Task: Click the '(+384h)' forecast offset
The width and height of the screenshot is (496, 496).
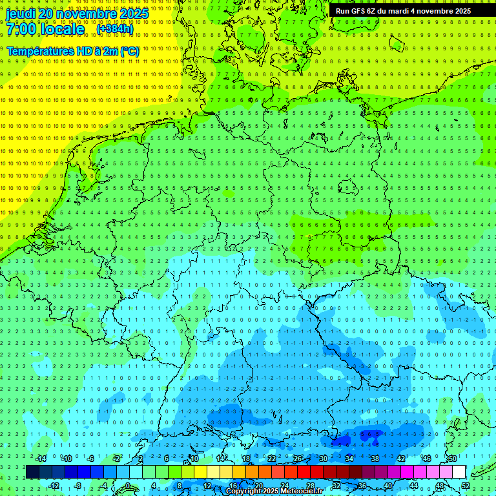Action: pos(115,29)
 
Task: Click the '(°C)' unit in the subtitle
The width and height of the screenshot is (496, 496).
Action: pos(129,51)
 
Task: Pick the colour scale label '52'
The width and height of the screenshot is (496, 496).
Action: pos(466,486)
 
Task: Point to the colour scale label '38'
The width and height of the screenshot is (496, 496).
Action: pos(375,459)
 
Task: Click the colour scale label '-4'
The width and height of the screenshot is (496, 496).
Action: pos(103,486)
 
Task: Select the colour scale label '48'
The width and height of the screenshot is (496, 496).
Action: pos(440,486)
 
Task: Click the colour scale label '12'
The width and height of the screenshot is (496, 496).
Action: pos(207,486)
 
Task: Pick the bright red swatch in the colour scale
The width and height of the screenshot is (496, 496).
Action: pos(304,472)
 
